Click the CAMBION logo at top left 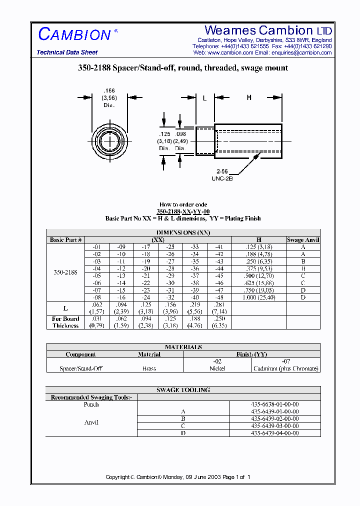point(75,34)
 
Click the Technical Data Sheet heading point(67,52)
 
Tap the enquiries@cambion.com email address point(301,52)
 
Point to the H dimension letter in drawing point(249,98)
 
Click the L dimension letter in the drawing point(204,98)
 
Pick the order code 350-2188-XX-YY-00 point(182,211)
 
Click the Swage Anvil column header point(303,240)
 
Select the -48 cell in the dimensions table point(219,297)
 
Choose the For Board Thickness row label point(65,322)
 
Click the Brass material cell point(149,368)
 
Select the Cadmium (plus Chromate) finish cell point(286,368)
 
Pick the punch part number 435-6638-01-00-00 point(275,404)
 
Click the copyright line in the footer point(178,477)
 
